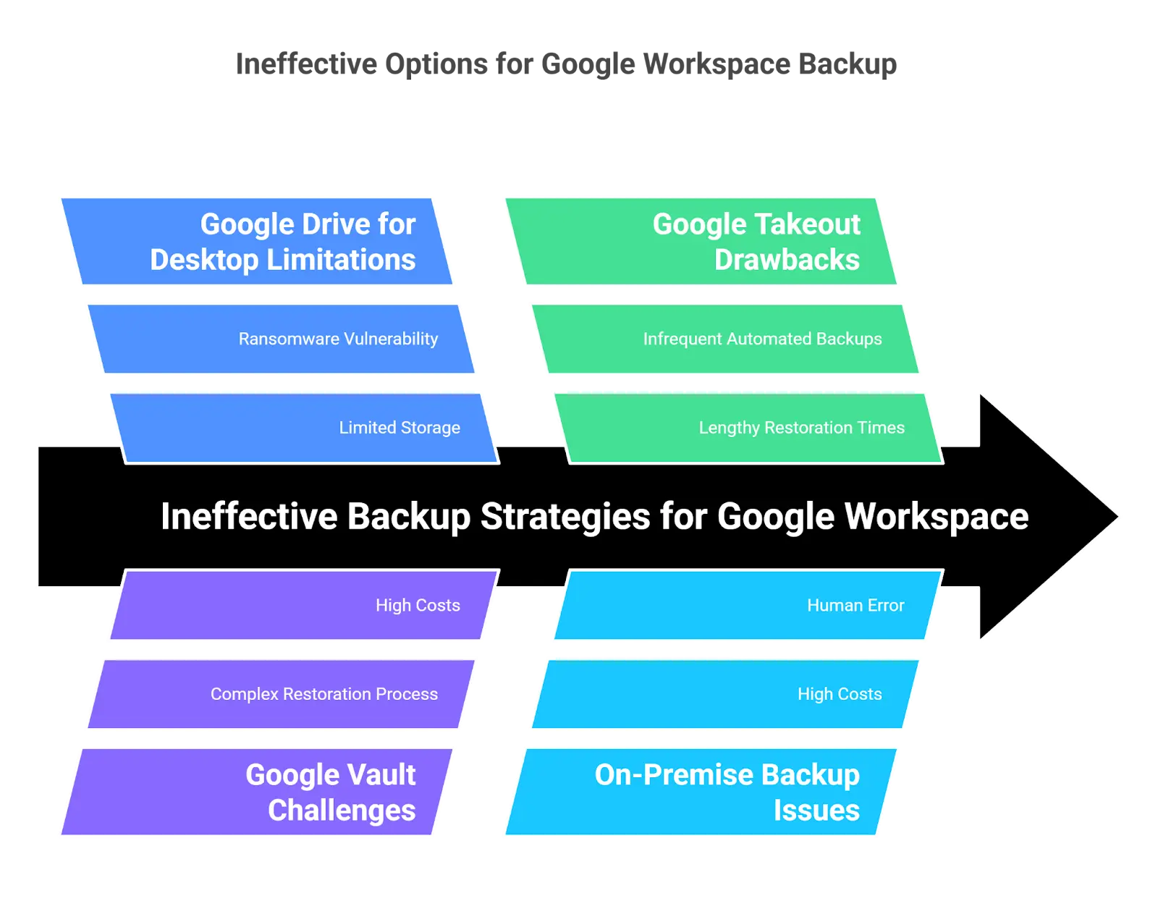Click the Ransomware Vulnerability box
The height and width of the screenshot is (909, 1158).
pyautogui.click(x=282, y=339)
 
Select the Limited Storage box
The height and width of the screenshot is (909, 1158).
pyautogui.click(x=304, y=428)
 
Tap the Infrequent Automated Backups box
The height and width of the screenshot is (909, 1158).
pyautogui.click(x=727, y=339)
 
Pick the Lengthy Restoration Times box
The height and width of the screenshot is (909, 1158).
pyautogui.click(x=749, y=428)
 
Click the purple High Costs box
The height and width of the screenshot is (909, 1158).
pyautogui.click(x=304, y=605)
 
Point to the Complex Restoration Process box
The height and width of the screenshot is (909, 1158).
pyautogui.click(x=282, y=694)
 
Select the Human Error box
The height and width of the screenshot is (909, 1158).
pyautogui.click(x=749, y=605)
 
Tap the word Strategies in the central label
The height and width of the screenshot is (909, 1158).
pyautogui.click(x=565, y=517)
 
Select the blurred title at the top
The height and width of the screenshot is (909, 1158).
pyautogui.click(x=565, y=63)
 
